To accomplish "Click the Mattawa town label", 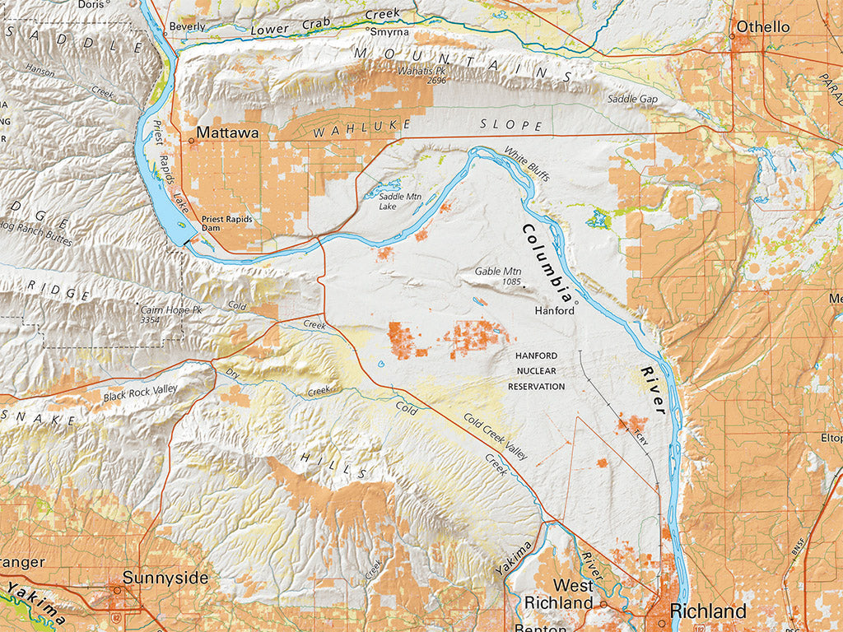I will [x=227, y=132].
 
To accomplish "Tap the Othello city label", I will [x=762, y=27].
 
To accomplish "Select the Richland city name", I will [x=708, y=611].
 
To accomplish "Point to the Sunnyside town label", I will [x=165, y=578].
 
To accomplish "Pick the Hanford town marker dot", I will [x=577, y=303].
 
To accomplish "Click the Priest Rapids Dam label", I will [x=227, y=225].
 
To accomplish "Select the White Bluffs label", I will [x=527, y=165].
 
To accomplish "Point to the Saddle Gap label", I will [x=633, y=99].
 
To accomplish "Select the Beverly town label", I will [x=187, y=26].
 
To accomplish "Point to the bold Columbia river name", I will [x=547, y=262].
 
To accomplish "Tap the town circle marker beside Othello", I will [x=731, y=35].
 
